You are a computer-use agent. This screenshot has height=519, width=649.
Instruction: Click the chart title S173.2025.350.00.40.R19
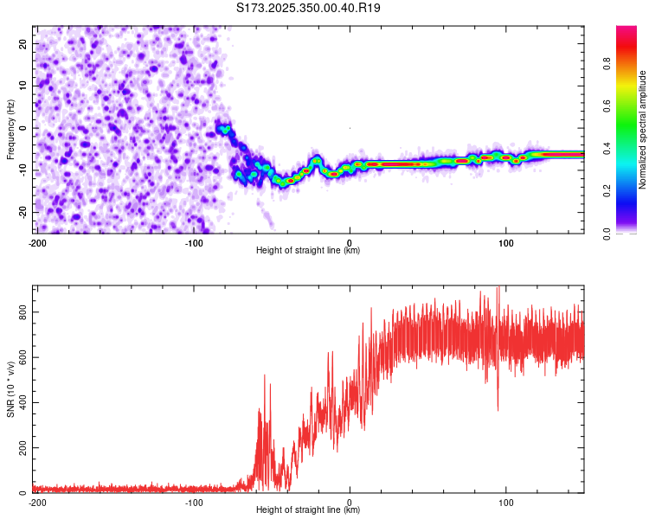(x=309, y=8)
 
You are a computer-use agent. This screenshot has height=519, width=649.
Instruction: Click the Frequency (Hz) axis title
(x=10, y=128)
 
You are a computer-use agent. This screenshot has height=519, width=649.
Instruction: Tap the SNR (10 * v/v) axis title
(x=10, y=389)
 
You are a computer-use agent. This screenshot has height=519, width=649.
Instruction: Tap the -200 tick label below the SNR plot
(x=36, y=502)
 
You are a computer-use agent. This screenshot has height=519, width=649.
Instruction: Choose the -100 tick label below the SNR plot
(x=194, y=502)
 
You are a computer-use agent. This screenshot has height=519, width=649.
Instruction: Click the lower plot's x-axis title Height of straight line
(x=308, y=510)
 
